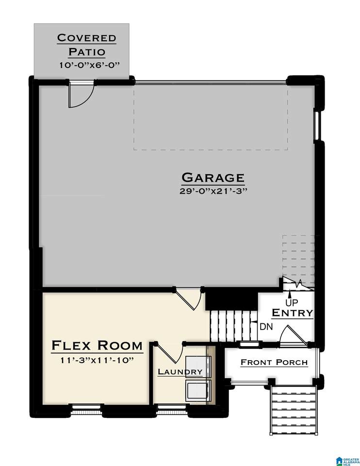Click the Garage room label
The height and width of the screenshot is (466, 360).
click(x=213, y=178)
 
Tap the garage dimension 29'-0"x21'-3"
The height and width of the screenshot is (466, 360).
click(x=213, y=191)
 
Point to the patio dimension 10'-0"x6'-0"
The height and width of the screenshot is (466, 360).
click(x=89, y=65)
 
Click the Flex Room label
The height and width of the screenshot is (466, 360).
click(x=97, y=346)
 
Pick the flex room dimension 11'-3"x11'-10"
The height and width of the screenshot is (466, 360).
click(x=97, y=360)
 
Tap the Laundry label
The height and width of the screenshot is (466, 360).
click(x=180, y=372)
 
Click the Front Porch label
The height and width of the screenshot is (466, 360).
click(x=274, y=362)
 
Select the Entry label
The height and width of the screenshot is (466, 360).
click(x=293, y=313)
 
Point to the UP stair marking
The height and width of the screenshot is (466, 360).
click(x=292, y=303)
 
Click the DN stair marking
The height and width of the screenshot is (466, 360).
click(x=266, y=327)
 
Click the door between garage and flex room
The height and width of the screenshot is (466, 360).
click(x=189, y=299)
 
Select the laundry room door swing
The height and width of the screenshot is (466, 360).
click(x=170, y=353)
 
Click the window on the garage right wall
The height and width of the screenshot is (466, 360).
click(x=317, y=125)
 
